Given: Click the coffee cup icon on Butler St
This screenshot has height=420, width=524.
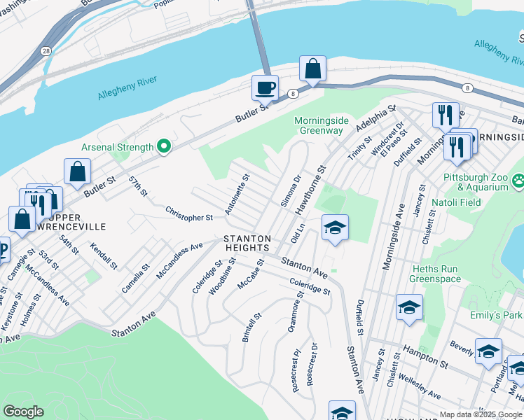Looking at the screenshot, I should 265,88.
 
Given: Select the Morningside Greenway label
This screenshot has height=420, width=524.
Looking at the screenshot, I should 319,125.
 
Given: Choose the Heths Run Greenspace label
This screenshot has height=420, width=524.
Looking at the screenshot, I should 435,274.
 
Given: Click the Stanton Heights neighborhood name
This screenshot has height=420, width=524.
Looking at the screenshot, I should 247,243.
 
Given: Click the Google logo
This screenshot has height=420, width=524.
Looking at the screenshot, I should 23,412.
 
